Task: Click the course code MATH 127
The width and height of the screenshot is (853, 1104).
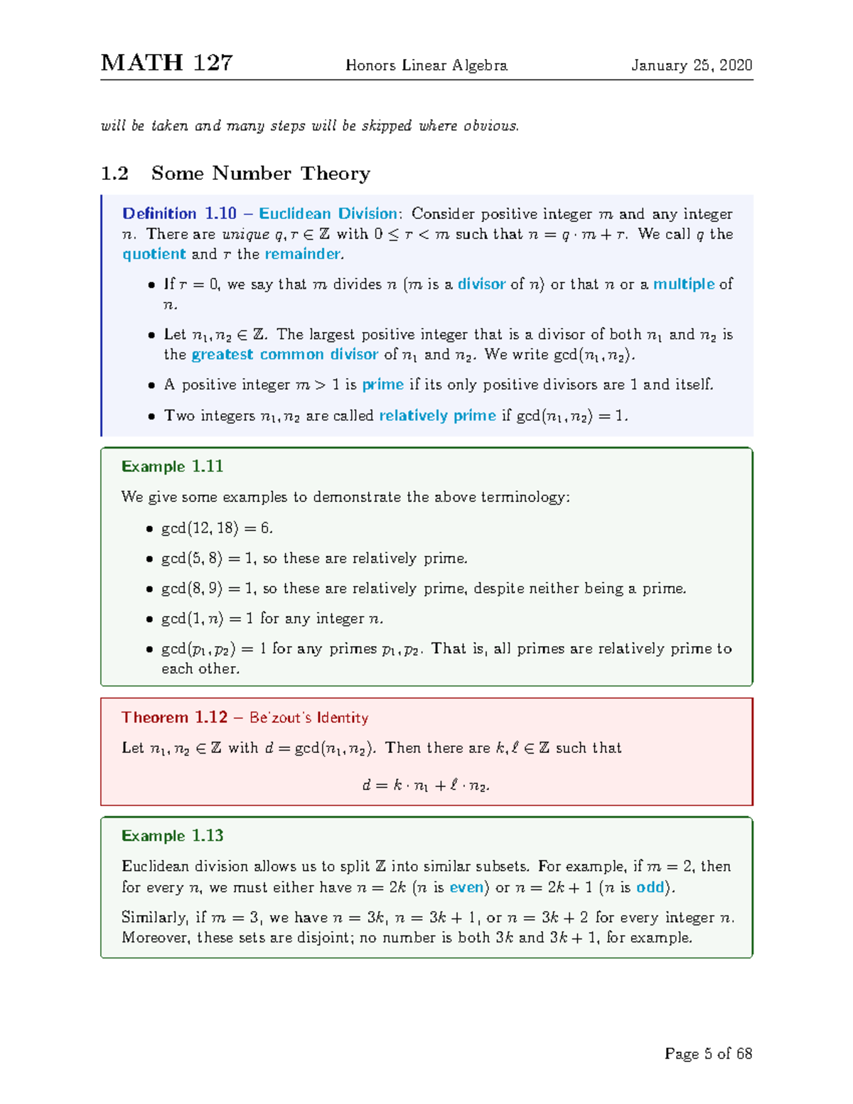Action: (x=166, y=63)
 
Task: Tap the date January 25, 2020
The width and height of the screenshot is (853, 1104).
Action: (x=692, y=65)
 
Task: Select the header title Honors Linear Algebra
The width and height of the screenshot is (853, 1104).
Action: (x=426, y=65)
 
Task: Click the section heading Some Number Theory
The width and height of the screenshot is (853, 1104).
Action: (x=260, y=173)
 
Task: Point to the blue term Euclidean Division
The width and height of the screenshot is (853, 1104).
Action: (x=328, y=214)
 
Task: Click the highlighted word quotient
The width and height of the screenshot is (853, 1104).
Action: (x=154, y=254)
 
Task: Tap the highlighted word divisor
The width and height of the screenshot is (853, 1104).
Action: (x=481, y=284)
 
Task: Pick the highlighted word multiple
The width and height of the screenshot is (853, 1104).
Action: (x=684, y=284)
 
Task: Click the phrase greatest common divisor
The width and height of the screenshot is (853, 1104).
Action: (x=284, y=355)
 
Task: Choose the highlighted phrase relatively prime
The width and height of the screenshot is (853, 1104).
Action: (x=437, y=416)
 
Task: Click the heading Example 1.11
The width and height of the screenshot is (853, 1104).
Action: (x=172, y=466)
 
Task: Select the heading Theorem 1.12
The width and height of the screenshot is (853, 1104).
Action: (x=174, y=717)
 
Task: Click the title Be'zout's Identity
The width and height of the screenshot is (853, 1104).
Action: (x=309, y=718)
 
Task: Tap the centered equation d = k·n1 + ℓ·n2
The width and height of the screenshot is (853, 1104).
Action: (x=426, y=786)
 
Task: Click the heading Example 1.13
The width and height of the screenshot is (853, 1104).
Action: (x=172, y=836)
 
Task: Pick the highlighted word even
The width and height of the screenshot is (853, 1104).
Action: (x=466, y=888)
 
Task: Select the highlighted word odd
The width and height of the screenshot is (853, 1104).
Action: (x=650, y=888)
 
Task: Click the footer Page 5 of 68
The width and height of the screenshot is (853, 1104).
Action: (x=708, y=1054)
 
